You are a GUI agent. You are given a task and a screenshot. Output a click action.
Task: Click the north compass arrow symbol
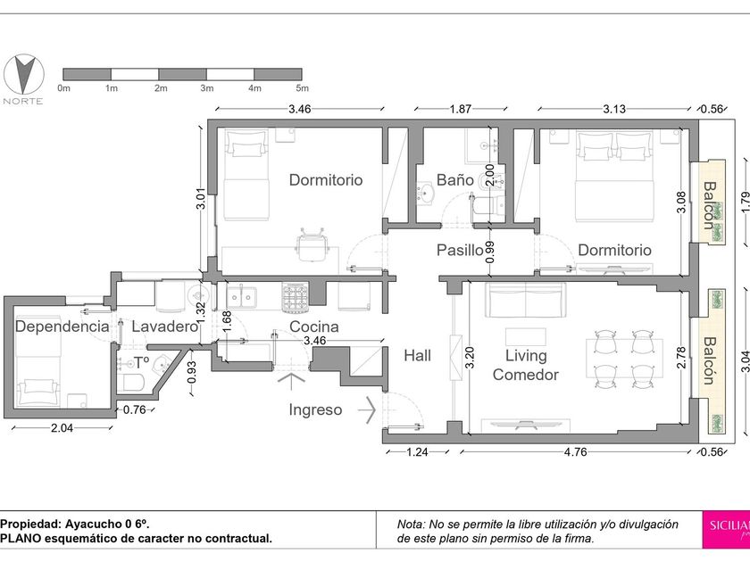point(23,75)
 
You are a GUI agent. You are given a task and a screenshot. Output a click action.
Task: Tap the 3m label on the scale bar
point(206,88)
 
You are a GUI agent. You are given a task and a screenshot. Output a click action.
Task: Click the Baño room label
point(454,180)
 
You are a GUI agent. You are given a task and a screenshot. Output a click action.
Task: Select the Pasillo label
point(460,250)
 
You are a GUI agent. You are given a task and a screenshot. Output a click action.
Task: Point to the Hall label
point(417,356)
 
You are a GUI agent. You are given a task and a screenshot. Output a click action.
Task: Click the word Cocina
point(314,326)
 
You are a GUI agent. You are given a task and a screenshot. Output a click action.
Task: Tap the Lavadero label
point(164,326)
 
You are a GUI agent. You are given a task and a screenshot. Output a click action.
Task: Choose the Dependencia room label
point(62,326)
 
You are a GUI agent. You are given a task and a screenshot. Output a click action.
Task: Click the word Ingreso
point(315,409)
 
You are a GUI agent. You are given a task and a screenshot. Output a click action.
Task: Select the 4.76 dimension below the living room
point(575,451)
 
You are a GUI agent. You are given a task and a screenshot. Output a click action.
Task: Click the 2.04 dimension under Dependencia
point(62,427)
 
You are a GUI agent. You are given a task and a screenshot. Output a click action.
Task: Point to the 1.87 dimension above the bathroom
point(460,109)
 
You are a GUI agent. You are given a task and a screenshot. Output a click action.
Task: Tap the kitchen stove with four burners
point(296,295)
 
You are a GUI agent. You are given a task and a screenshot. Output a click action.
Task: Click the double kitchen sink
point(241,296)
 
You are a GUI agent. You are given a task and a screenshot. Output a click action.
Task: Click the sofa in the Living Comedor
point(525,300)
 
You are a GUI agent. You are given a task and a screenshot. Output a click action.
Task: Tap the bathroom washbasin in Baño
point(425,193)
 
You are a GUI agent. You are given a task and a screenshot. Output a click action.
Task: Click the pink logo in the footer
point(726,530)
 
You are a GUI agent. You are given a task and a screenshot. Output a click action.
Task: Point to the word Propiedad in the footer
point(30,524)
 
